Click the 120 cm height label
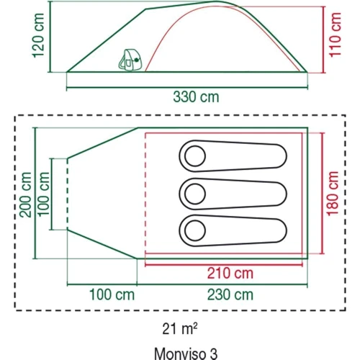pyautogui.click(x=38, y=35)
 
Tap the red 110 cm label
pyautogui.click(x=336, y=35)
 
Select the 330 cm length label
pyautogui.click(x=196, y=97)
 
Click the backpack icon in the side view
pyautogui.click(x=130, y=60)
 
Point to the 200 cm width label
pyautogui.click(x=26, y=194)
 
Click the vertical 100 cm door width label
pyautogui.click(x=44, y=194)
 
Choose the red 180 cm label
pyautogui.click(x=333, y=194)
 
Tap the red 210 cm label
pyautogui.click(x=230, y=274)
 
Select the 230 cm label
pyautogui.click(x=230, y=294)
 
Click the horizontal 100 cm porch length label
pyautogui.click(x=112, y=294)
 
